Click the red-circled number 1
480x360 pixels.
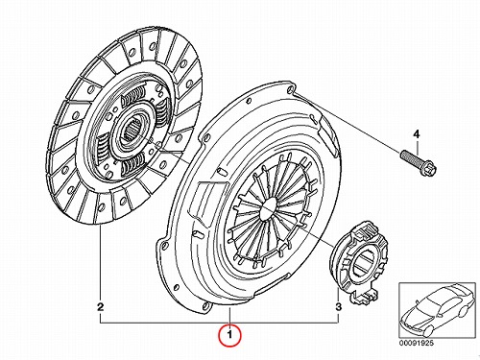(229, 335)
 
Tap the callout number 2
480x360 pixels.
(101, 307)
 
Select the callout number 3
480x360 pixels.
(339, 307)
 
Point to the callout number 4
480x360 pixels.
(417, 134)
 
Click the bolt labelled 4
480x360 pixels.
(419, 162)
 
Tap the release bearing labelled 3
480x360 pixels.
(359, 262)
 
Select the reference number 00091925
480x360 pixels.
(416, 343)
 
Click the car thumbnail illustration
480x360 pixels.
(437, 310)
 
